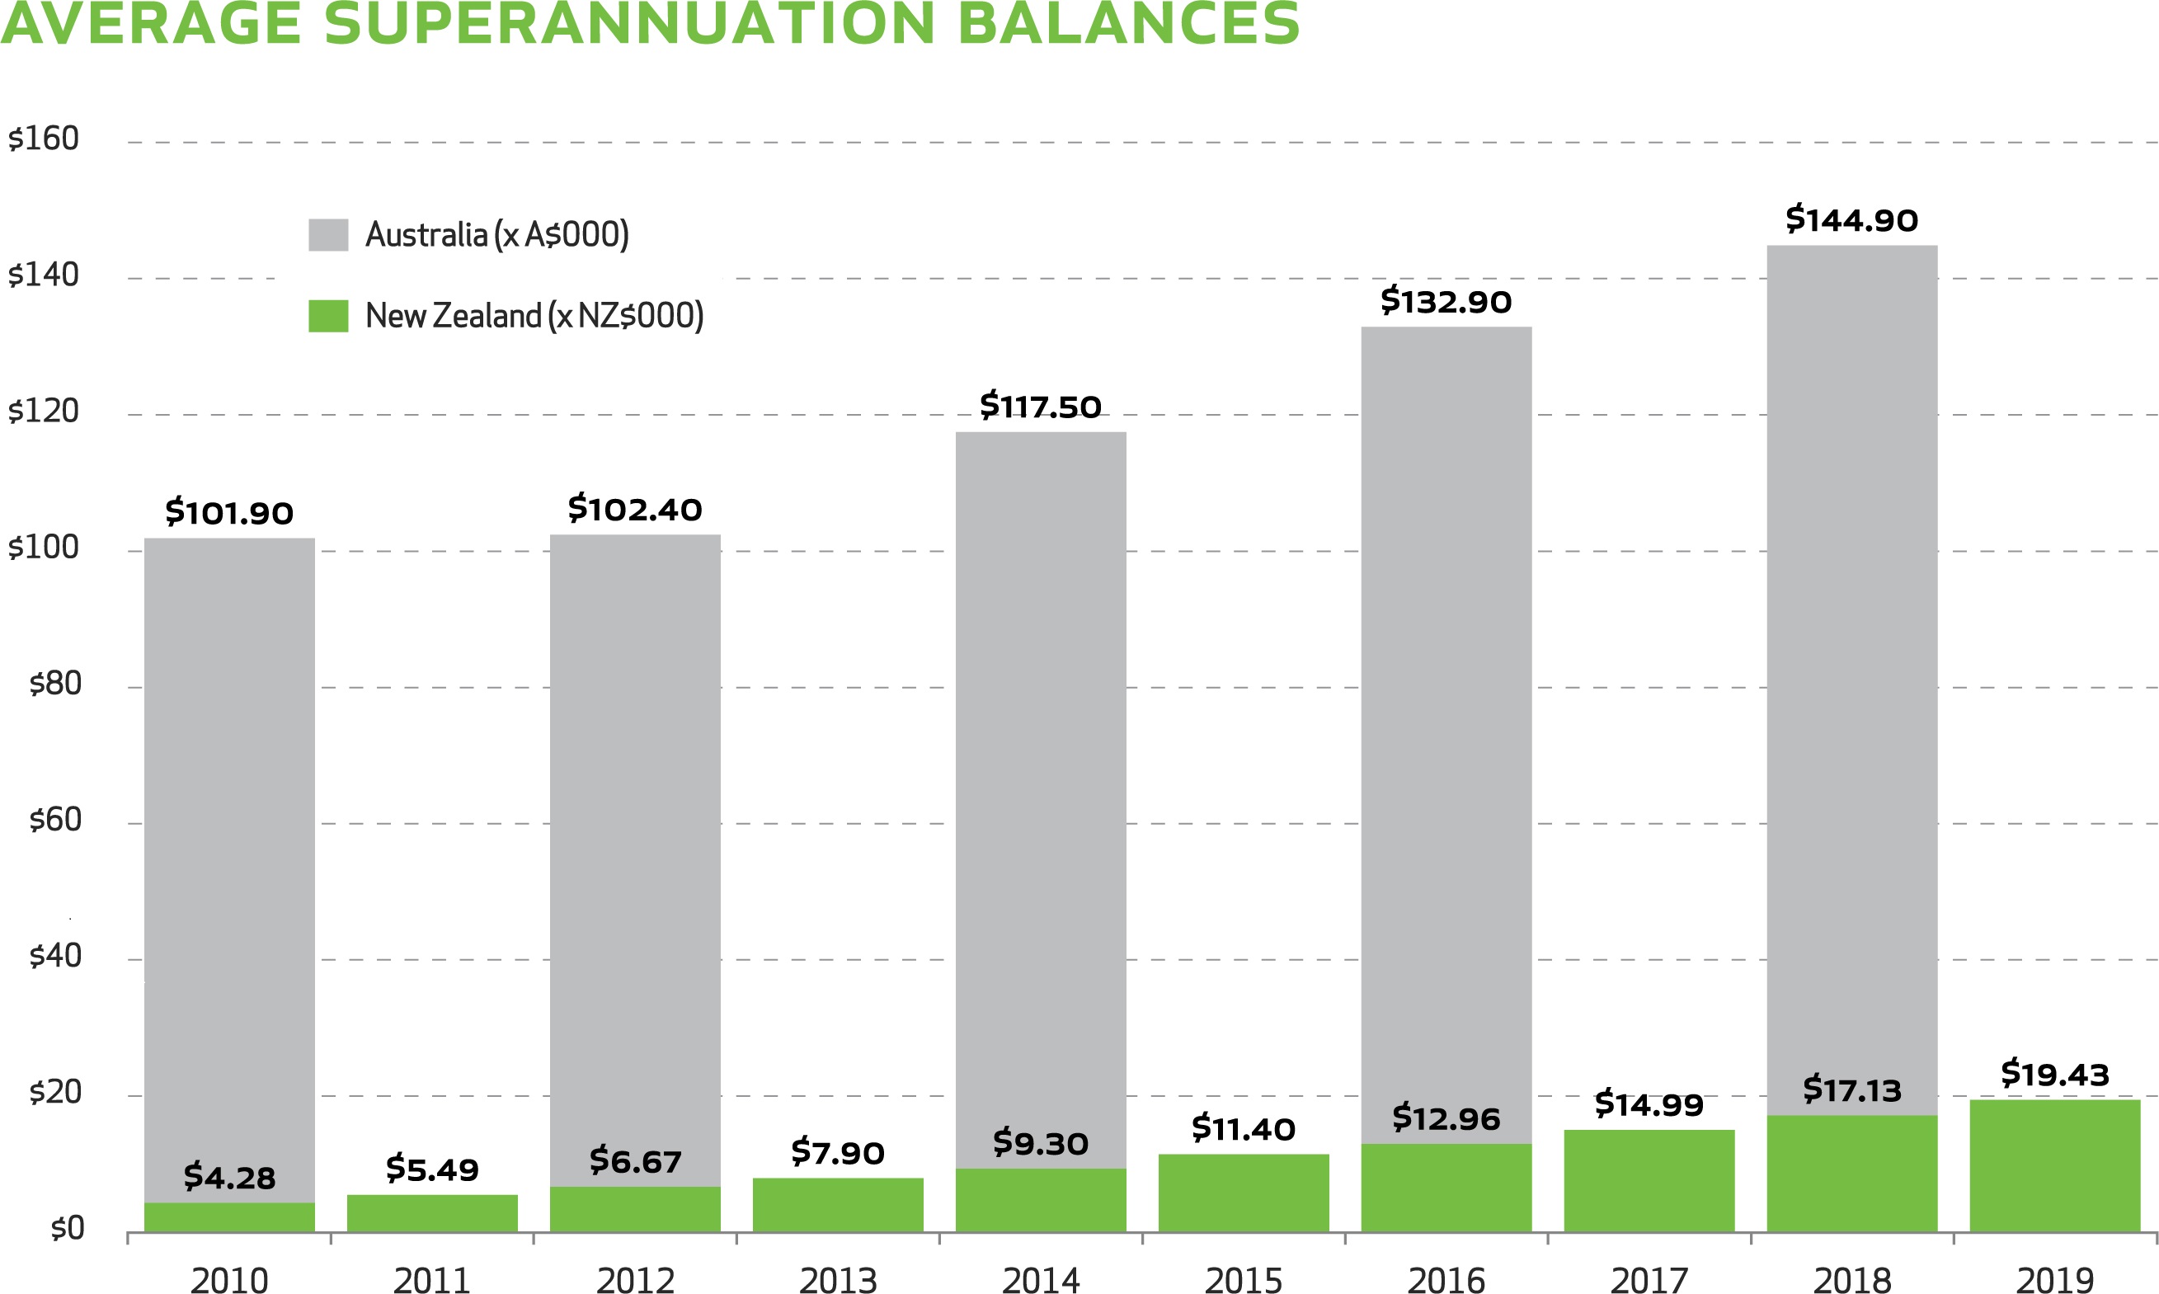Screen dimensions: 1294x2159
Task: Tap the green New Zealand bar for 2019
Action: pos(2054,1166)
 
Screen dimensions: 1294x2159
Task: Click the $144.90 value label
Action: pos(1851,219)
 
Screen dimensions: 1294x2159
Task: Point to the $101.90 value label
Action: pos(229,513)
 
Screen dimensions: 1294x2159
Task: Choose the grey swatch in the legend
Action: pos(327,234)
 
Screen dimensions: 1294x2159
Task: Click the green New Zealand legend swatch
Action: pos(327,316)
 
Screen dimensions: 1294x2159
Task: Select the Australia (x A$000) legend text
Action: pos(496,234)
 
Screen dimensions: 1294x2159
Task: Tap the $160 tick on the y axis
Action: pos(44,139)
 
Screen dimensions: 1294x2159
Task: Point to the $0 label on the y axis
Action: pos(67,1229)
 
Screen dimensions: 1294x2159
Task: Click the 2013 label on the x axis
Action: pos(838,1280)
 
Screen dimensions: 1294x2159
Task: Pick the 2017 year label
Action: pos(1649,1280)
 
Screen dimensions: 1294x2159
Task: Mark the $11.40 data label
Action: pos(1243,1129)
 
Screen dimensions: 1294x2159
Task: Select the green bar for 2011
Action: pos(432,1213)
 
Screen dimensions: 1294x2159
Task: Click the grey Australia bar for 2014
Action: pos(1041,785)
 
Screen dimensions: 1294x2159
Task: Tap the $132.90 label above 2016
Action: pos(1446,302)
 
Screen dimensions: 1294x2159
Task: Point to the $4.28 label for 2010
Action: pos(229,1177)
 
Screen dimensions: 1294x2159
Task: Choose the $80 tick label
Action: pos(55,684)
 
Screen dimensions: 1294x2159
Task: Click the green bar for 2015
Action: pos(1243,1193)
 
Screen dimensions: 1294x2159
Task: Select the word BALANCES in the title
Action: pos(1128,24)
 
